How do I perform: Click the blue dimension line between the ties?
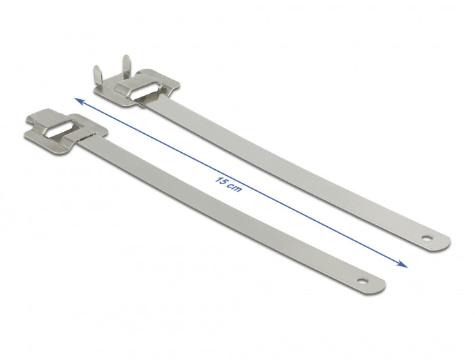coord(305,217)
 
